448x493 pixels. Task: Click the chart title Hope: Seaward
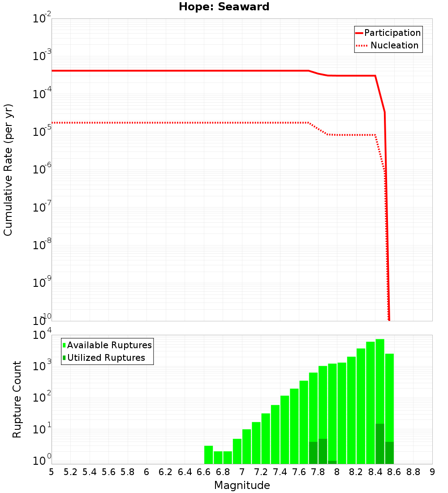[224, 7]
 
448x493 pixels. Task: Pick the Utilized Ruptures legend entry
[106, 358]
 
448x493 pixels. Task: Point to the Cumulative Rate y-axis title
[8, 169]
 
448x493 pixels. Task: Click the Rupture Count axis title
[17, 399]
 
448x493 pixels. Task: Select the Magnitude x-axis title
[242, 485]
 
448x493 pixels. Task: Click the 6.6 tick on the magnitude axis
[204, 472]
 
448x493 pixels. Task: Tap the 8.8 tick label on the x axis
[413, 472]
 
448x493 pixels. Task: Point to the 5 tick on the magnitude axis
[52, 472]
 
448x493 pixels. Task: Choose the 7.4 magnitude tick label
[280, 472]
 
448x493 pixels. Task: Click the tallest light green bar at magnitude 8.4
[380, 381]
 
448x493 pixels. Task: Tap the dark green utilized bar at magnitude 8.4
[380, 444]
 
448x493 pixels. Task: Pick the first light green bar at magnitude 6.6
[208, 454]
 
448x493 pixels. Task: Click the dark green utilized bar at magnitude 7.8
[323, 451]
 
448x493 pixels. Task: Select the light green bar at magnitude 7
[246, 446]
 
